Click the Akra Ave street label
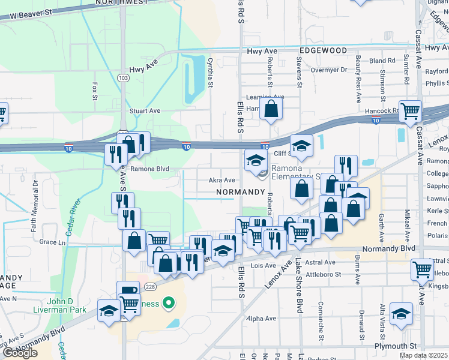(x=221, y=180)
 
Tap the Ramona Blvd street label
(x=151, y=169)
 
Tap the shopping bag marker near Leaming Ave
(x=271, y=109)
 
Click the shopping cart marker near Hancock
(x=411, y=110)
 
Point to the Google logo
(x=20, y=353)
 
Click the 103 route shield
(x=123, y=78)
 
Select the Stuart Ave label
(x=145, y=111)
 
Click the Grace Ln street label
(x=52, y=242)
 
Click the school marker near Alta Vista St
(x=400, y=313)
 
